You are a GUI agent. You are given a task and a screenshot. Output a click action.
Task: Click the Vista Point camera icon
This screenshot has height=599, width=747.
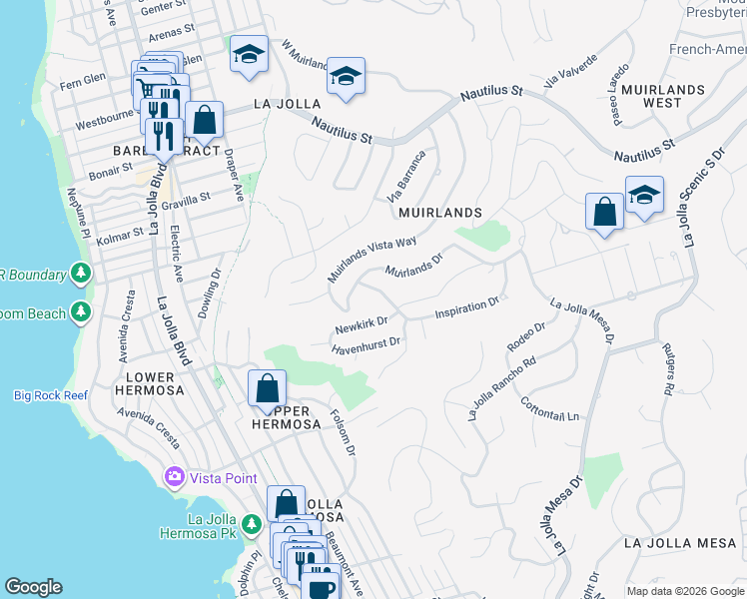(177, 478)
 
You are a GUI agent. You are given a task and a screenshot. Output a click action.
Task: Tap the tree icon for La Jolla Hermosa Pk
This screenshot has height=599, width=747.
(253, 525)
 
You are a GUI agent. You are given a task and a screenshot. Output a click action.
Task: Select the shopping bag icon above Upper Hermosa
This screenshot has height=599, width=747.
(267, 388)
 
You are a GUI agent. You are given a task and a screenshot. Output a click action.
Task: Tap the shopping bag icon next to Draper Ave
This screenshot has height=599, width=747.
(204, 120)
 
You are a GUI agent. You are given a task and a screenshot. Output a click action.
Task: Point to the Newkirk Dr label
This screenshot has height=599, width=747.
(361, 325)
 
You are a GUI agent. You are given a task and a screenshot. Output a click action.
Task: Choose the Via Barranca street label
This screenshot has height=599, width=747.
(406, 175)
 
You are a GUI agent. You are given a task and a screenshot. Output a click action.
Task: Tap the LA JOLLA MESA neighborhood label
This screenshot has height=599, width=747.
(679, 543)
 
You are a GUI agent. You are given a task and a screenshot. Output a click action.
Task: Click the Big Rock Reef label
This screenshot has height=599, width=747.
(50, 395)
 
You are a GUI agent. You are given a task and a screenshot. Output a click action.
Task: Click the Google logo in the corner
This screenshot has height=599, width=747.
(34, 587)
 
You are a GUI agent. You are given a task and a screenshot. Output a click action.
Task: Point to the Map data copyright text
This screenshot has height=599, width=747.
(684, 591)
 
